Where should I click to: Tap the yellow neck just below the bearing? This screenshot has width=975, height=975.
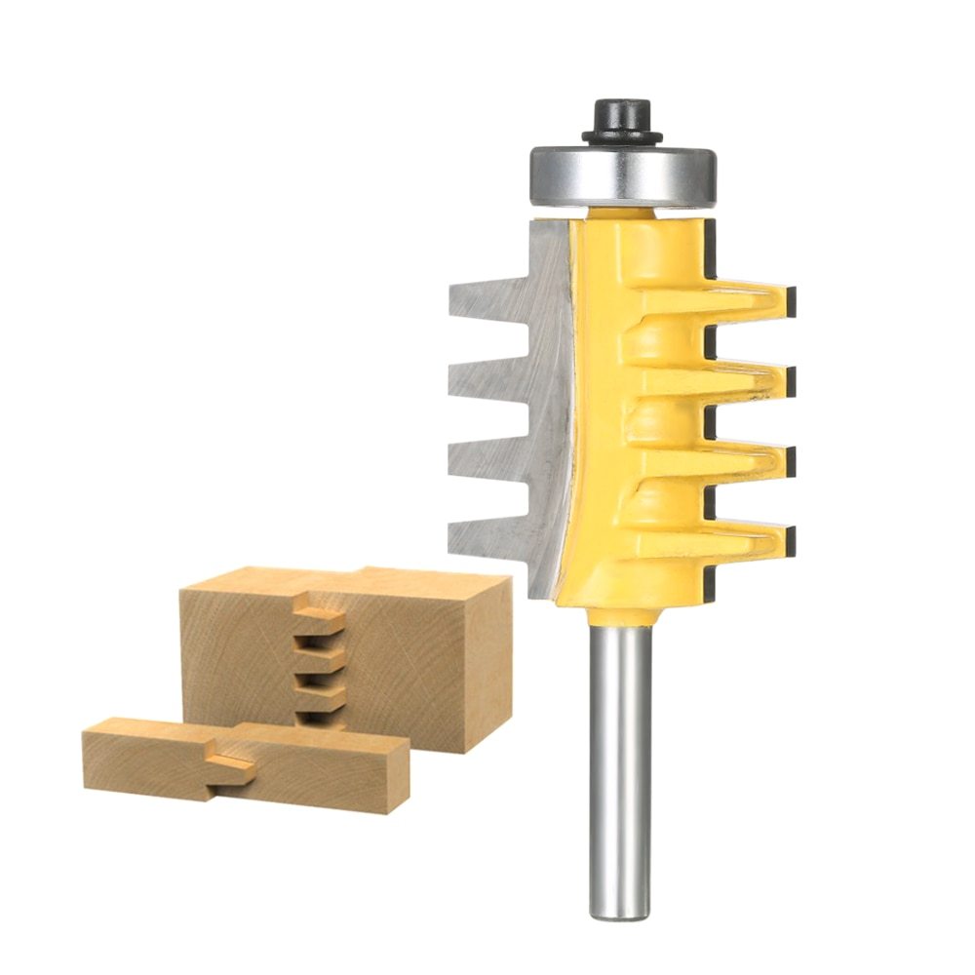624,213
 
